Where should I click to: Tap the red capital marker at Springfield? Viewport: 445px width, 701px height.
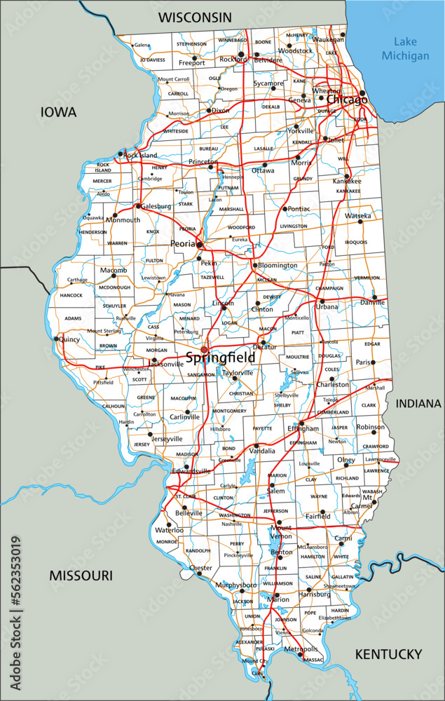(204, 349)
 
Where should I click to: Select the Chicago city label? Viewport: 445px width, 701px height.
(346, 100)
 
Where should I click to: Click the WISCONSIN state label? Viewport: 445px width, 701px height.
(195, 17)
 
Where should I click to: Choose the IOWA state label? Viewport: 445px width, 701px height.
(59, 111)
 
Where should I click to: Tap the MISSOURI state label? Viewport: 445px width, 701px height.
(81, 576)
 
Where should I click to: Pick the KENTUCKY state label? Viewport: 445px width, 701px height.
(388, 654)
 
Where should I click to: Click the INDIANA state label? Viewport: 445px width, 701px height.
(418, 404)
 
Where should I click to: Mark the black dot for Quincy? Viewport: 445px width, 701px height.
(55, 339)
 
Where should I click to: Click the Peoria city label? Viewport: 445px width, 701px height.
(183, 244)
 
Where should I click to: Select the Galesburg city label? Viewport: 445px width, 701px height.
(156, 207)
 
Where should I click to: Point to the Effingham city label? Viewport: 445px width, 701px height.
(303, 428)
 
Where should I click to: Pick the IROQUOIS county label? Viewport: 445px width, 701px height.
(355, 243)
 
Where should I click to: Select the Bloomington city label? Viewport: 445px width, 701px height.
(278, 266)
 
